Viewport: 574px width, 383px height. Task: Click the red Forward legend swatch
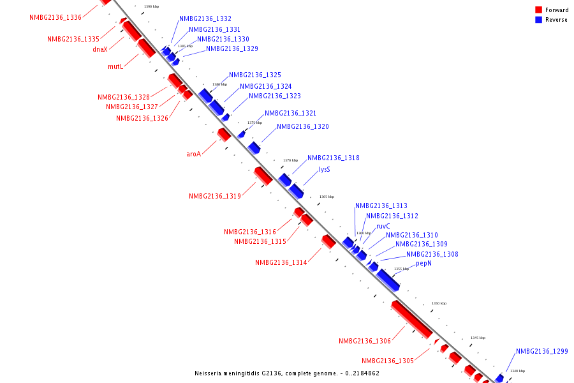tap(539, 10)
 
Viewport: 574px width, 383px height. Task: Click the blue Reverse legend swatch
tap(539, 20)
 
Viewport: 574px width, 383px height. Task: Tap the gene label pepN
tap(423, 264)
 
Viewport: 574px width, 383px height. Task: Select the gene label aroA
tap(193, 154)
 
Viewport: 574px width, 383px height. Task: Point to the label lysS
tap(325, 170)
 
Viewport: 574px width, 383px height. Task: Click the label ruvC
tap(383, 227)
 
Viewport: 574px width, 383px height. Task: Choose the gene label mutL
tap(115, 66)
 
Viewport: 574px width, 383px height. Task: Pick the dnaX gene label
tap(100, 49)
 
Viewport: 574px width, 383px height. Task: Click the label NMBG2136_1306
tap(365, 342)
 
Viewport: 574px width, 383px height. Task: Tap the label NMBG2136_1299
tap(541, 352)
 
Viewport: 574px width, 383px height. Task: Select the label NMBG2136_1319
tap(215, 197)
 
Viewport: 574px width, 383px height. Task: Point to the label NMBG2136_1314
tap(281, 263)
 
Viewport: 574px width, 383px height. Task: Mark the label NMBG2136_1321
tap(290, 114)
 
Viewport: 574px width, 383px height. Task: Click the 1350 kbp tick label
tap(439, 303)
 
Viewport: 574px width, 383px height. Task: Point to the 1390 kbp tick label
tap(152, 6)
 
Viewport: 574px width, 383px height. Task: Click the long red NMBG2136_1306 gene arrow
tap(411, 319)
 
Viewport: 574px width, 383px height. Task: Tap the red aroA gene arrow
tap(224, 135)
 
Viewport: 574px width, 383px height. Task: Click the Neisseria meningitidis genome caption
tap(286, 373)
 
